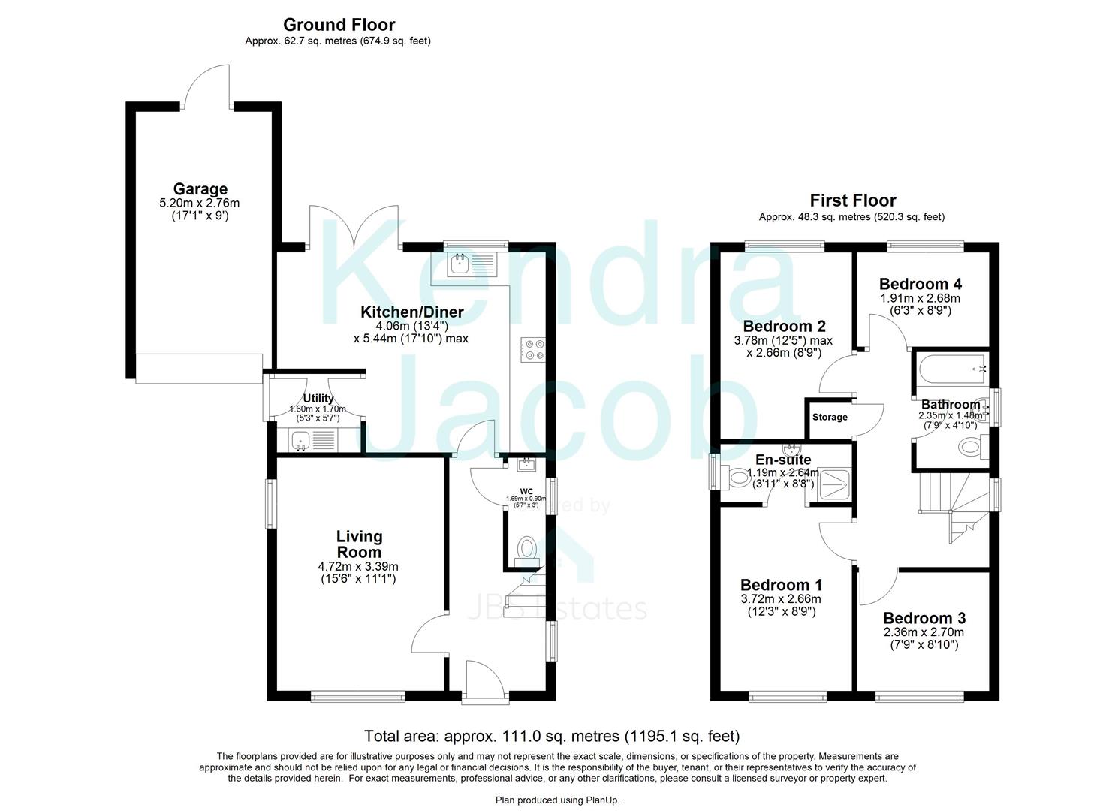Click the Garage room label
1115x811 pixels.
(x=200, y=189)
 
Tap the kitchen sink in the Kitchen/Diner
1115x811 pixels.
(x=459, y=264)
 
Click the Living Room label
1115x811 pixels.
(x=359, y=544)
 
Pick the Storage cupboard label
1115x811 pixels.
(x=830, y=418)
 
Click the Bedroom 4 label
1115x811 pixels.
(x=920, y=284)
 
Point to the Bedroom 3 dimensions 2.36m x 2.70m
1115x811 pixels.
(x=924, y=632)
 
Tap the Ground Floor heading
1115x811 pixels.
(x=339, y=25)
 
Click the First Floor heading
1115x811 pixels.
(x=852, y=200)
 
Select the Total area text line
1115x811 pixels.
(x=552, y=736)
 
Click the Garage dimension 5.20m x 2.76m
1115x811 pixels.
(x=200, y=204)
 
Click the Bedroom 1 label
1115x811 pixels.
(x=781, y=585)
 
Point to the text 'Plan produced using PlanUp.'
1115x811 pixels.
(x=557, y=800)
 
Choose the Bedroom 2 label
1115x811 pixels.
(x=784, y=326)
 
